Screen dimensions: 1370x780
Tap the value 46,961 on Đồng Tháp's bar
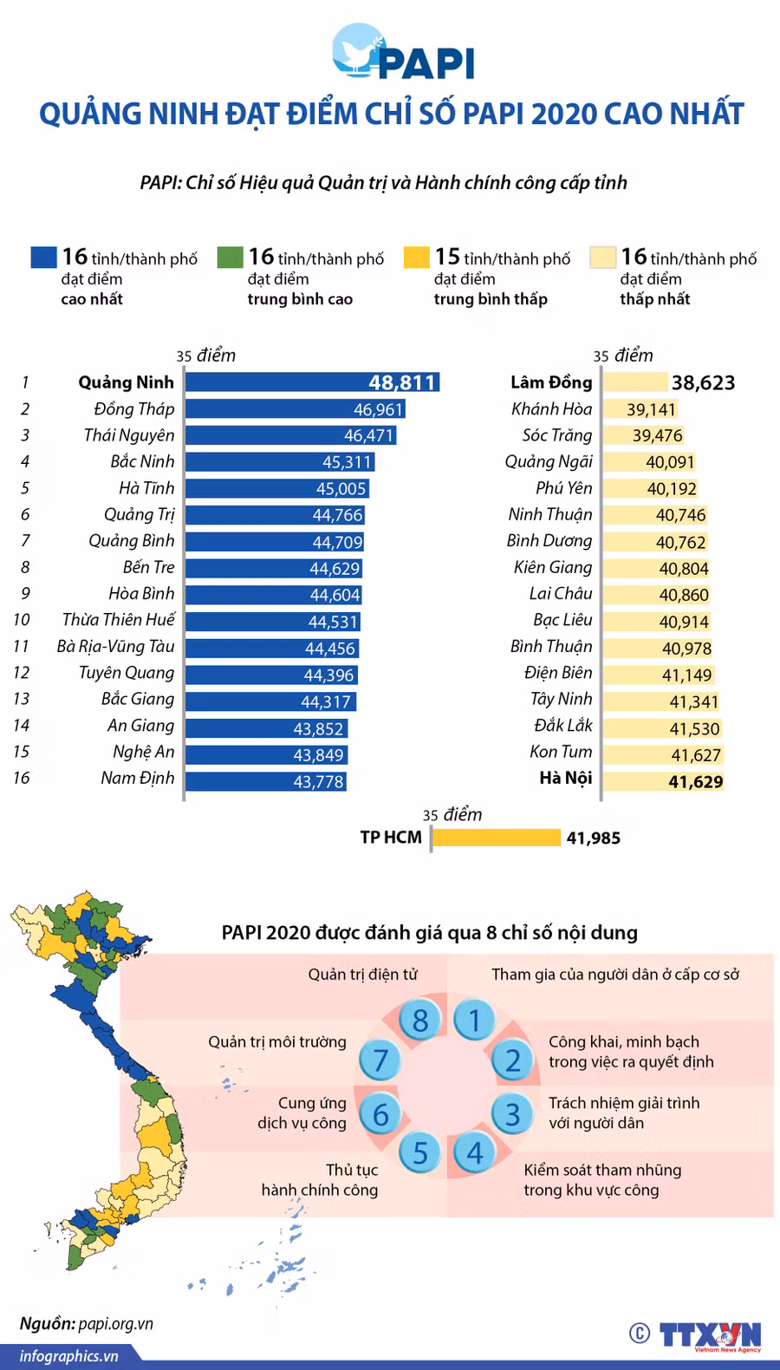pyautogui.click(x=378, y=409)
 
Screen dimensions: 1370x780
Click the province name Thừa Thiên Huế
pyautogui.click(x=118, y=620)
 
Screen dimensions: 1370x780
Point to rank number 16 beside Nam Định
pyautogui.click(x=22, y=778)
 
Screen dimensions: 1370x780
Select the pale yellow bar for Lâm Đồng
pyautogui.click(x=634, y=382)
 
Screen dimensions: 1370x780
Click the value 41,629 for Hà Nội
pyautogui.click(x=695, y=782)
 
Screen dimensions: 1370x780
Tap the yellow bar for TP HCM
pyautogui.click(x=496, y=838)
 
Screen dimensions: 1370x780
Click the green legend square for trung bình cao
pyautogui.click(x=230, y=258)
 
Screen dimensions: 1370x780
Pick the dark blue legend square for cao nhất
pyautogui.click(x=43, y=258)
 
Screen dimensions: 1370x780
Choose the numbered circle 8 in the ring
pyautogui.click(x=420, y=1021)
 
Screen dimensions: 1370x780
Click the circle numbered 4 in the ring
pyautogui.click(x=475, y=1153)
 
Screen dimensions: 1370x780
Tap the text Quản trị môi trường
pyautogui.click(x=276, y=1042)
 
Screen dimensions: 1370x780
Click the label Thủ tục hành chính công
pyautogui.click(x=321, y=1180)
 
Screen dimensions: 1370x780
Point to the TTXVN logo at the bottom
pyautogui.click(x=709, y=1335)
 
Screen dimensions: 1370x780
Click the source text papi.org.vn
pyautogui.click(x=115, y=1324)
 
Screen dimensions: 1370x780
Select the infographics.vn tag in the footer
pyautogui.click(x=68, y=1356)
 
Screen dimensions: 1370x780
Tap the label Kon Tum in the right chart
pyautogui.click(x=561, y=752)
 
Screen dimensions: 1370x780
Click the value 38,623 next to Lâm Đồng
pyautogui.click(x=703, y=382)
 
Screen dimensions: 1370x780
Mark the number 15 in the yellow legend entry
pyautogui.click(x=447, y=257)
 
